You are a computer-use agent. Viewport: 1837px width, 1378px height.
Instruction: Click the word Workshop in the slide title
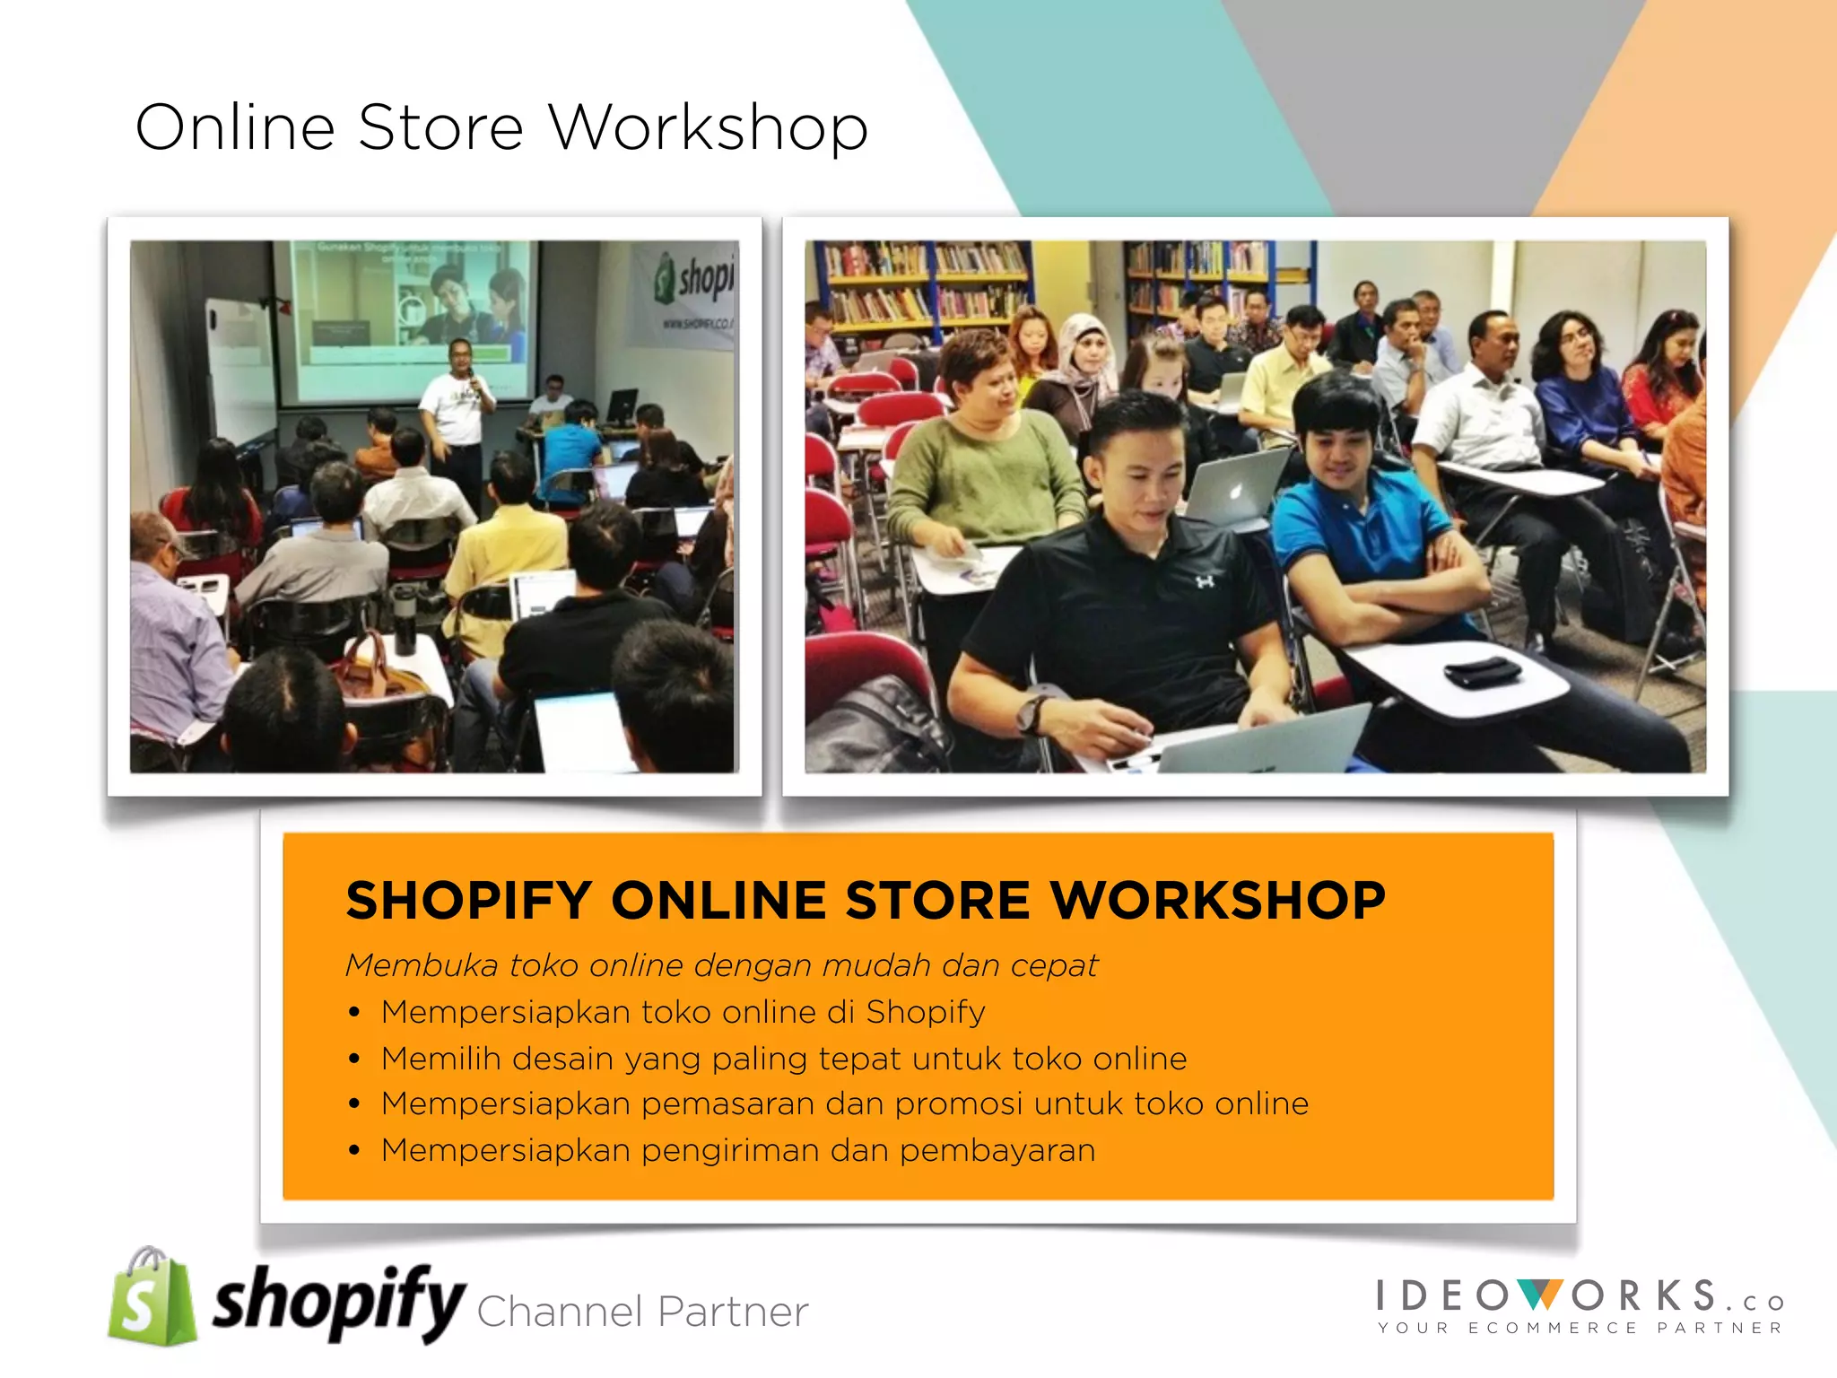tap(708, 128)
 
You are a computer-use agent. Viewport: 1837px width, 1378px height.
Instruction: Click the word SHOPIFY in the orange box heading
tap(468, 901)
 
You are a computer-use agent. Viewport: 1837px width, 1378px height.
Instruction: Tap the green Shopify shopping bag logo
tap(151, 1297)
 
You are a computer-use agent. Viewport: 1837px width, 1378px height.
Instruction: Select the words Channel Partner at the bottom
tap(642, 1312)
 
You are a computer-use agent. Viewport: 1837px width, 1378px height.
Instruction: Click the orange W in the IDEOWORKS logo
tap(1541, 1295)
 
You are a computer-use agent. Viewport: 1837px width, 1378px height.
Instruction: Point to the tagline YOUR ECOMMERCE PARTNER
tap(1580, 1328)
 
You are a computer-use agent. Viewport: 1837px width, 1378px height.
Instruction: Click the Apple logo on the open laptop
tap(1236, 491)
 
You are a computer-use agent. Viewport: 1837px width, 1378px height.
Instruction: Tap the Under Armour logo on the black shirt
tap(1204, 582)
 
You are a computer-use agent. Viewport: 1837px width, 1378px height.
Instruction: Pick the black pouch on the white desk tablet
tap(1481, 671)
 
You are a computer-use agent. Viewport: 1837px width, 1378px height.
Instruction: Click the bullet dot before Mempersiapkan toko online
tap(354, 1013)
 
